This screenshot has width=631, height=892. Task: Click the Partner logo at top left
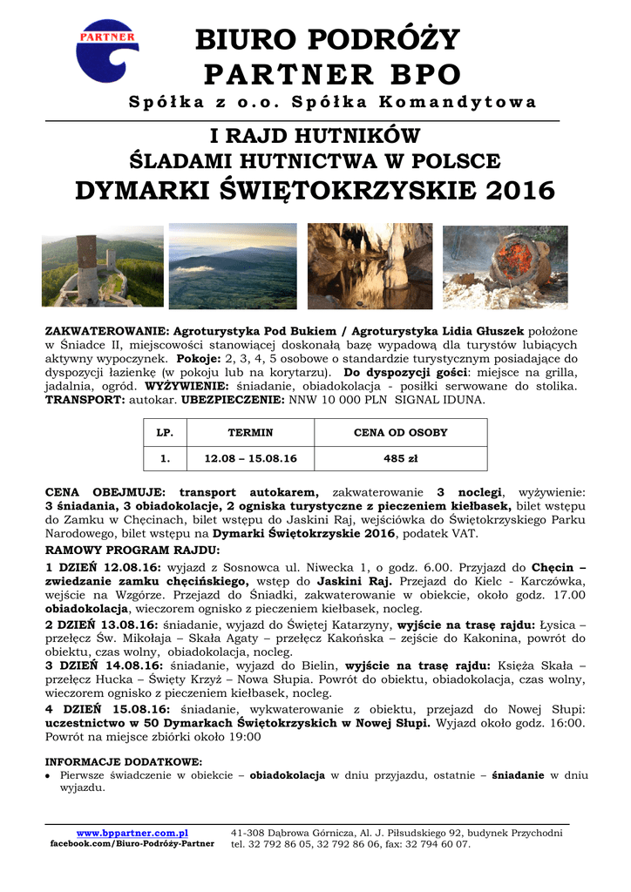point(107,51)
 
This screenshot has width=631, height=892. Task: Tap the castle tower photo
point(103,267)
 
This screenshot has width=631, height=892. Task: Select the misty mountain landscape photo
point(232,267)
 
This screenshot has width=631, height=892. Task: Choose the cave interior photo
point(370,267)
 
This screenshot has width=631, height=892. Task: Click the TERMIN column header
point(250,432)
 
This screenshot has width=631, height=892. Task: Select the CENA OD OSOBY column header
point(401,432)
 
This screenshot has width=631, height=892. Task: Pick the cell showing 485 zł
point(401,457)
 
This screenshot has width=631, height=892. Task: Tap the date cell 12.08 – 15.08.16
point(250,457)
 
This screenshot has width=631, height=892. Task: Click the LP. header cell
point(165,432)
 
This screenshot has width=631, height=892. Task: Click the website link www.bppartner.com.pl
point(132,834)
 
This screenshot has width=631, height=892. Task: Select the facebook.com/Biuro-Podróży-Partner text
point(132,844)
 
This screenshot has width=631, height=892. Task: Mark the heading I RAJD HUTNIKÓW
point(315,136)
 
